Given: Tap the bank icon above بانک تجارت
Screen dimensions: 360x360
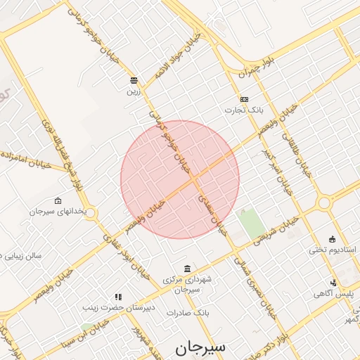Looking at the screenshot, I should (x=244, y=99).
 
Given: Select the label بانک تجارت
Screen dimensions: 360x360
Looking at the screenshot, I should (x=243, y=110).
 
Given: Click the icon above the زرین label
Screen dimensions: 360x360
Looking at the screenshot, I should (x=134, y=79).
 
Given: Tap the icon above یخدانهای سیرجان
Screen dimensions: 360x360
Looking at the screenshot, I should (x=58, y=200).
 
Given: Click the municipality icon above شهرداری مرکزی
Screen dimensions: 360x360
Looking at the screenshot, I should (x=186, y=269).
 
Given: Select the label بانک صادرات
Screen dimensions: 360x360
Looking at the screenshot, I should (x=192, y=311).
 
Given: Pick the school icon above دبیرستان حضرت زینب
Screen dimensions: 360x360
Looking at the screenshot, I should (x=118, y=297).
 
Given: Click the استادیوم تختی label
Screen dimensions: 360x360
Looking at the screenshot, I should (x=333, y=250).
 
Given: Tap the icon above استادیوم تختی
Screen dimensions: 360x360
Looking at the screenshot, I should (x=333, y=239).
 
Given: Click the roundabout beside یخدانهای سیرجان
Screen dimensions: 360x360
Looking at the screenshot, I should (x=91, y=213).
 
